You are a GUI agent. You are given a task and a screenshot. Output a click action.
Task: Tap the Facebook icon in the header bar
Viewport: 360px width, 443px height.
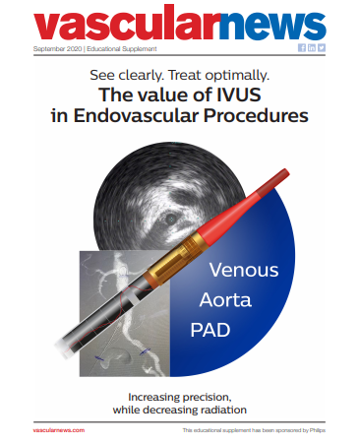(302, 48)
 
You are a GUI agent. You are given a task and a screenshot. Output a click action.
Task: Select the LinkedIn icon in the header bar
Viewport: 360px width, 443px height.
(312, 48)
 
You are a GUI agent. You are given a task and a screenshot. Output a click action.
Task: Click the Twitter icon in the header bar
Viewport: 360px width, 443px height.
(322, 48)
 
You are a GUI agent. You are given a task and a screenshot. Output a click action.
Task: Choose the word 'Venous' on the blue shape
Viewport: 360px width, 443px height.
(245, 270)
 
